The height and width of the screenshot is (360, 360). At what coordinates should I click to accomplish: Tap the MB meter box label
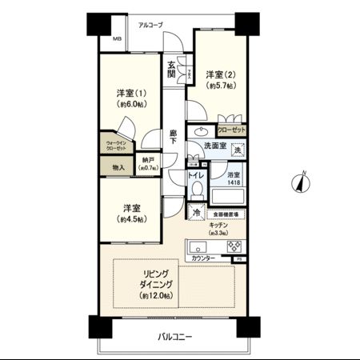(116, 39)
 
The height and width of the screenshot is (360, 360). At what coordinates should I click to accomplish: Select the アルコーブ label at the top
(150, 26)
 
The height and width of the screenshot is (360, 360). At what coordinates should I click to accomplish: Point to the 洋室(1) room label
(129, 98)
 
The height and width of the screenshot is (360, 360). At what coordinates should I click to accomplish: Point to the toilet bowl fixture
(197, 190)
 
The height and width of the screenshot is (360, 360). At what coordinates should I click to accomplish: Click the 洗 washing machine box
(237, 150)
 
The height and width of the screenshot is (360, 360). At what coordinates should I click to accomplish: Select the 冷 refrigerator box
(197, 214)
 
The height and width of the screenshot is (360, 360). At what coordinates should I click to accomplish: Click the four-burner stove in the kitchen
(235, 246)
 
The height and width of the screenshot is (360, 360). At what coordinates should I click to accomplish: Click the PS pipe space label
(237, 260)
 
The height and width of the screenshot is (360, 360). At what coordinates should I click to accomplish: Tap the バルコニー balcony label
(172, 337)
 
